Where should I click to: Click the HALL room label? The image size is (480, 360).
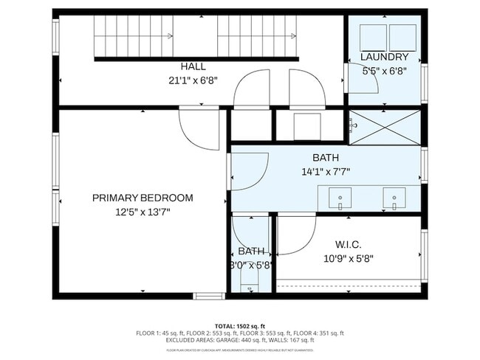tap(193, 66)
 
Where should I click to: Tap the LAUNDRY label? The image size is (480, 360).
tap(384, 57)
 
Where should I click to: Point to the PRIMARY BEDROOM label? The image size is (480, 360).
tap(143, 198)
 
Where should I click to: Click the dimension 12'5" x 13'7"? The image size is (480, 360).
tap(143, 211)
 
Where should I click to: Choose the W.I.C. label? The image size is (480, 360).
tap(348, 245)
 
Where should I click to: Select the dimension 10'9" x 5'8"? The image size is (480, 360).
tap(348, 258)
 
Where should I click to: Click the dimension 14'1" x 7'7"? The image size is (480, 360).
tap(326, 171)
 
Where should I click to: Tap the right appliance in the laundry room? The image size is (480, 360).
tap(402, 37)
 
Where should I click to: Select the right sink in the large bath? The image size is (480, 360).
tap(394, 198)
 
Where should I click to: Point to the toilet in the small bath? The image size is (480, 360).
tap(252, 288)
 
